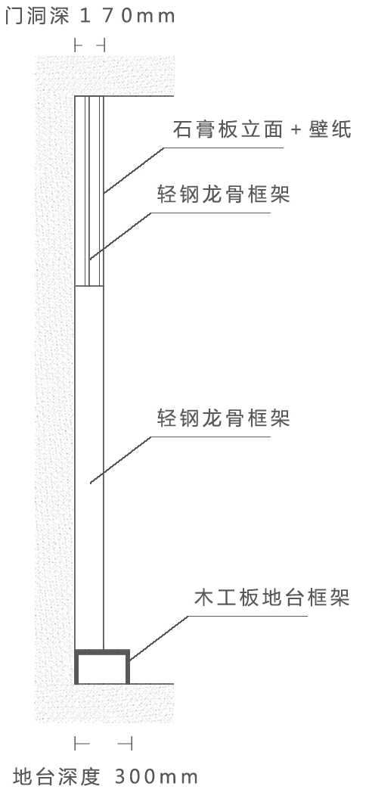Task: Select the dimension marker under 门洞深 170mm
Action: pos(90,45)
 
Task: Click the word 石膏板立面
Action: pos(228,130)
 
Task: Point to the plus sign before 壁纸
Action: pos(295,130)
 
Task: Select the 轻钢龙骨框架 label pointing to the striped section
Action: pos(223,194)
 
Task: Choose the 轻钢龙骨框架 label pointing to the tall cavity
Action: pos(223,418)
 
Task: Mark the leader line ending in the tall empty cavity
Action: pos(181,459)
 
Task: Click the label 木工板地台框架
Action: pos(271,598)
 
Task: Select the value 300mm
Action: pos(156,777)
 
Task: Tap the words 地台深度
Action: pos(56,777)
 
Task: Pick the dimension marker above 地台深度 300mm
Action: pos(104,743)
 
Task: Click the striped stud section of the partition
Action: pos(89,191)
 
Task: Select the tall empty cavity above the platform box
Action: pos(89,468)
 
